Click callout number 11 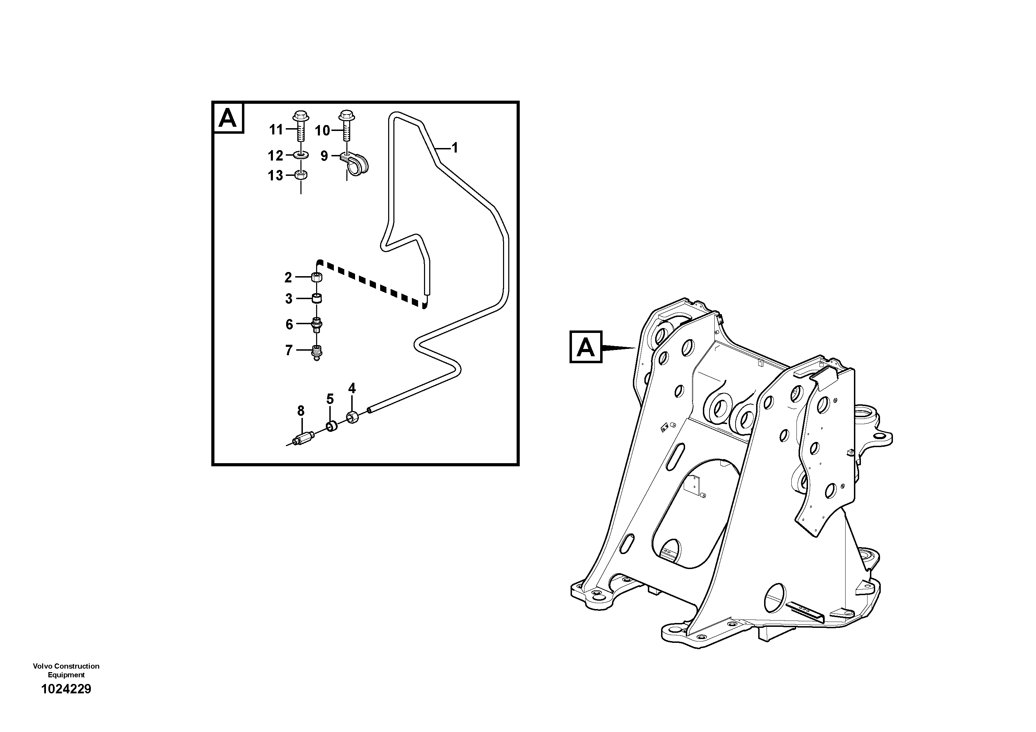coord(276,130)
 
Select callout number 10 coord(322,131)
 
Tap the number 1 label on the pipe coord(455,148)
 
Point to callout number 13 coord(275,176)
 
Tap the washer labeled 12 coord(301,155)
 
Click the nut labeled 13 coord(301,175)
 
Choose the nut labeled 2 coord(317,277)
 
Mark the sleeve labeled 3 coord(317,298)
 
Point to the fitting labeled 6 coord(317,324)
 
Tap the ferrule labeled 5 coord(332,426)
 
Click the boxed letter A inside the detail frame coord(228,118)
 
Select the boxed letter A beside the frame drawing coord(586,347)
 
